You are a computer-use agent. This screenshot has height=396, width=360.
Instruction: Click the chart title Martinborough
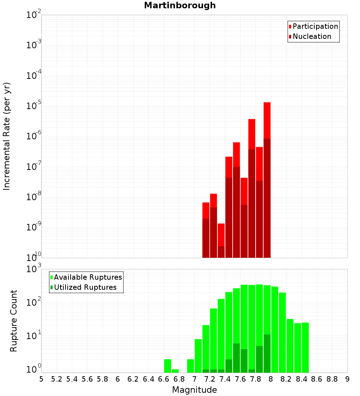180,5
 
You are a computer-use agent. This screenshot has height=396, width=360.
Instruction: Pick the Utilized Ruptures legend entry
85,287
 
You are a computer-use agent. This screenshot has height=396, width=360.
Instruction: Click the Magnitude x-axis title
194,390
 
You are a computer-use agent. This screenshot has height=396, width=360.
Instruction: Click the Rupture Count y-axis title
14,320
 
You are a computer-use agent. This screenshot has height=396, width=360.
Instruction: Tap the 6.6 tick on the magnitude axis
164,379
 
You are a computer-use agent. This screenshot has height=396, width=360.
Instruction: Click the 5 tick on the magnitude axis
41,379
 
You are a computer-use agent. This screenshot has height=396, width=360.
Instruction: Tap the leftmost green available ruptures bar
167,366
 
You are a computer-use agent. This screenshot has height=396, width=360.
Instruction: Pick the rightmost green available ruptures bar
305,347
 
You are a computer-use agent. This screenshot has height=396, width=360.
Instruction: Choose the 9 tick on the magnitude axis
347,379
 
